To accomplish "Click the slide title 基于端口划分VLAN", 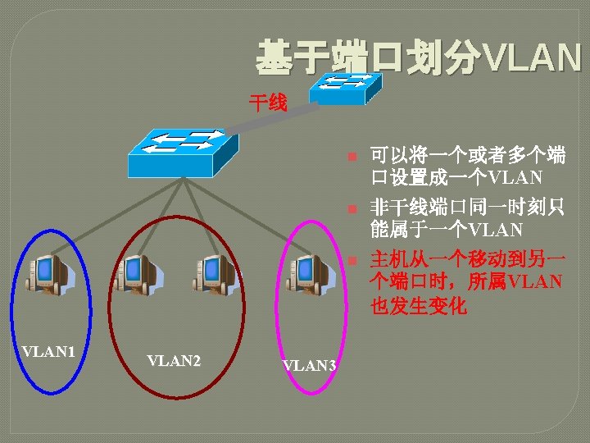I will click(418, 58).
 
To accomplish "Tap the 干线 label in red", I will click(268, 103).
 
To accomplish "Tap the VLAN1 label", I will click(49, 351).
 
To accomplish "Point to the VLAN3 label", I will click(309, 366).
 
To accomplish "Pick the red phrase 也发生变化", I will click(419, 306).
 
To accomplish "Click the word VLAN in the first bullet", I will click(515, 176).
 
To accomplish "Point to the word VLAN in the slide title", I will click(533, 58).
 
